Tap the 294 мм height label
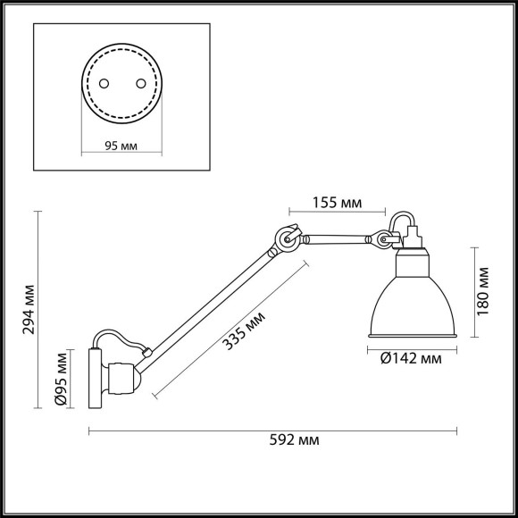[30, 309]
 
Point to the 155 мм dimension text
[337, 204]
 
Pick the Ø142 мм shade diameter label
[405, 359]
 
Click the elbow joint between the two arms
[286, 238]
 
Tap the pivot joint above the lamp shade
[384, 239]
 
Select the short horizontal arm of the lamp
[335, 238]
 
